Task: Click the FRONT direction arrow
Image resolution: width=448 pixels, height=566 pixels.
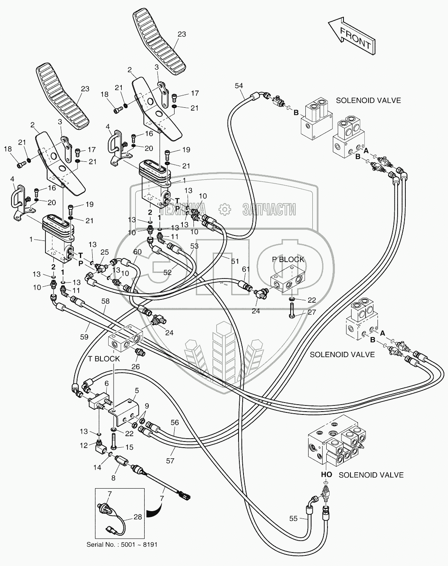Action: click(x=351, y=36)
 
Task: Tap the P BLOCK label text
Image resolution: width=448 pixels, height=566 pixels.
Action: click(x=289, y=259)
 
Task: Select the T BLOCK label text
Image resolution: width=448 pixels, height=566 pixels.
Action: click(x=104, y=359)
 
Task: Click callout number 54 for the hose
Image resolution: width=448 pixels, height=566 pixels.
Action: click(x=239, y=85)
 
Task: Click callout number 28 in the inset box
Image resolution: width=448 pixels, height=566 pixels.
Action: click(x=137, y=517)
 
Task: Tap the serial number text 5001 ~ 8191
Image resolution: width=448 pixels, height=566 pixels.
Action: click(x=122, y=544)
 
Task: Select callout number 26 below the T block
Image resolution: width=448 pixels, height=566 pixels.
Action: click(x=136, y=367)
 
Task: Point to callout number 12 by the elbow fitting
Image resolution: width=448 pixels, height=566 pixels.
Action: click(x=84, y=446)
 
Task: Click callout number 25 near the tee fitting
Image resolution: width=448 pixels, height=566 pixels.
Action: click(x=105, y=251)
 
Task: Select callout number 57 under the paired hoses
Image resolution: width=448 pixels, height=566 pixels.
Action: click(x=170, y=461)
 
